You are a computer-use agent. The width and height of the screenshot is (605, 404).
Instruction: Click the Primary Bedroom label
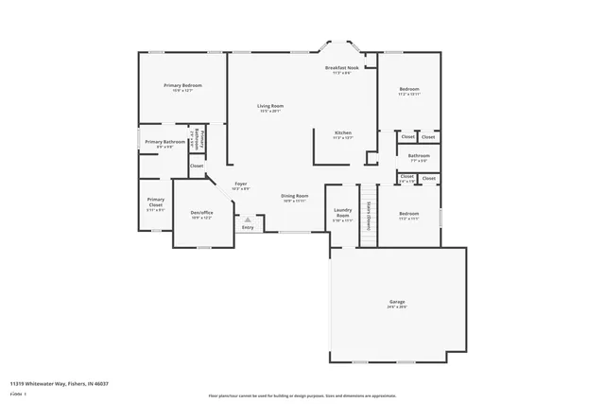tap(182, 85)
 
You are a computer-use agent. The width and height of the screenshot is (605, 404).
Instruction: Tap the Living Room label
tap(271, 106)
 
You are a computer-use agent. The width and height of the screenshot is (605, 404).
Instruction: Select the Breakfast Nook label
tap(342, 68)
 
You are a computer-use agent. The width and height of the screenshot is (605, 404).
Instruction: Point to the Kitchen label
tap(342, 132)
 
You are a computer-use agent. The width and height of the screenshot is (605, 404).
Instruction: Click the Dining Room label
tap(295, 195)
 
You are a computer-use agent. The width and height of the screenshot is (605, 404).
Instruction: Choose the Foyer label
tap(242, 184)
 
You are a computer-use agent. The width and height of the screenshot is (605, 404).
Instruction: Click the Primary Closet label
tap(156, 202)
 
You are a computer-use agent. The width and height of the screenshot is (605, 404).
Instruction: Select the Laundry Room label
tap(342, 213)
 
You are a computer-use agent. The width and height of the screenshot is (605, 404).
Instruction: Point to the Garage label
tap(397, 302)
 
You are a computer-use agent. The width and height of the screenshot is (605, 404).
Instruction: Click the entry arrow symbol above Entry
tap(249, 219)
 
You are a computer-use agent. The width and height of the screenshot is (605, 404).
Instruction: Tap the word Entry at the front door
tap(248, 227)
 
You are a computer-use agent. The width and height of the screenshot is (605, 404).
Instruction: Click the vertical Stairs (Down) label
tap(367, 214)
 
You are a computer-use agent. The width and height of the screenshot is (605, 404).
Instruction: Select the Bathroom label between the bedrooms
tap(418, 155)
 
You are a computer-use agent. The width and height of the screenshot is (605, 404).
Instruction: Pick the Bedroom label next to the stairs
tap(408, 214)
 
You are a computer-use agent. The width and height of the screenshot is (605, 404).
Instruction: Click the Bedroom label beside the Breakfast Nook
tap(408, 89)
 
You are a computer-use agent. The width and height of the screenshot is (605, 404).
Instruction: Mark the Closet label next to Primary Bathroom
tap(197, 167)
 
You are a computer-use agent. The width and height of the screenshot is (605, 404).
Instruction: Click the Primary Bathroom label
tap(164, 142)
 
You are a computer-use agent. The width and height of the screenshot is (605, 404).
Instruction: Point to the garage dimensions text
tap(397, 307)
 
